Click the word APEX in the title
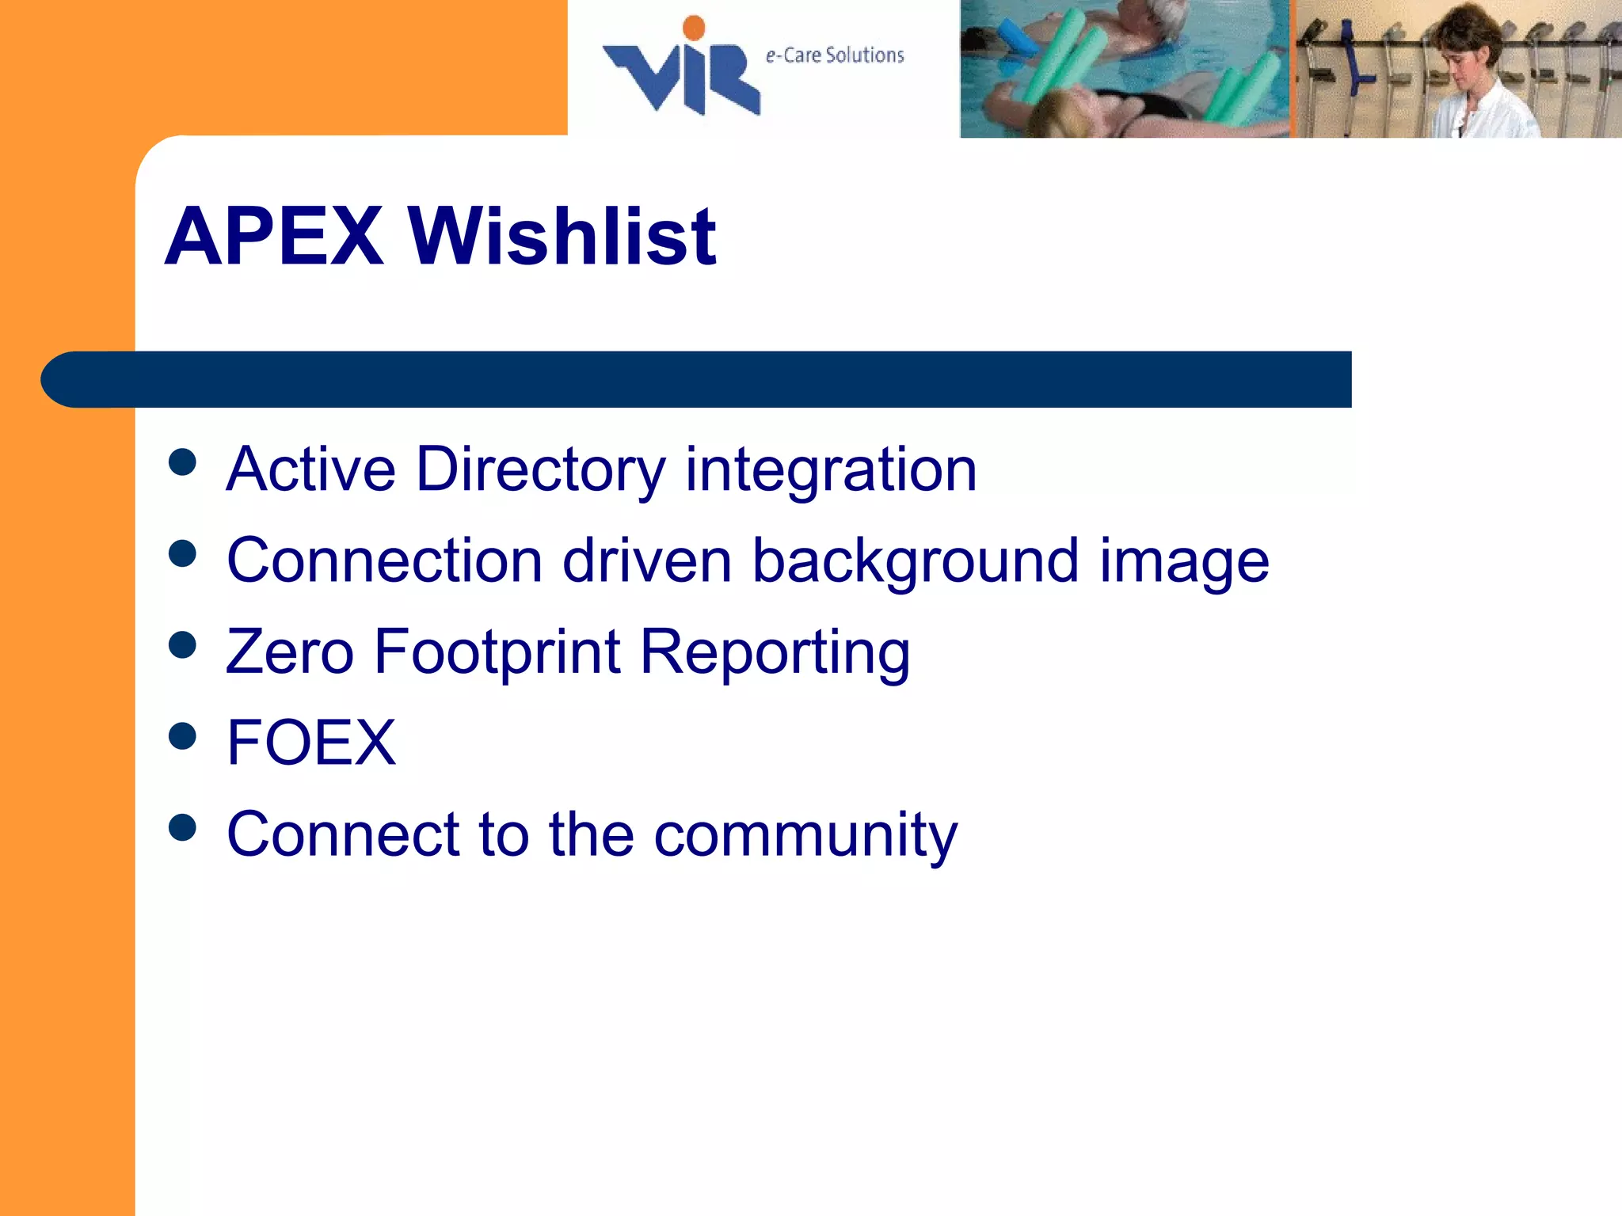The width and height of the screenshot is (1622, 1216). pyautogui.click(x=274, y=236)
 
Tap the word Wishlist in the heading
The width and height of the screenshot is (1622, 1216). pyautogui.click(x=562, y=236)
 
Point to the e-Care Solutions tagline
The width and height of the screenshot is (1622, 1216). pyautogui.click(x=835, y=55)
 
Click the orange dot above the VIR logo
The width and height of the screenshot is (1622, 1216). pyautogui.click(x=694, y=28)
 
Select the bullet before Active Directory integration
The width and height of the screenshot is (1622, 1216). pyautogui.click(x=183, y=462)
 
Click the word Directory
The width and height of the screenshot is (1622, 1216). pyautogui.click(x=541, y=470)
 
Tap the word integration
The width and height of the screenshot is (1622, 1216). pyautogui.click(x=831, y=470)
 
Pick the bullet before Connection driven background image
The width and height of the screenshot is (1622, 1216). pyautogui.click(x=183, y=553)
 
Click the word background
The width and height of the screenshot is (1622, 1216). pyautogui.click(x=916, y=561)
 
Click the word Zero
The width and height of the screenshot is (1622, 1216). pyautogui.click(x=290, y=652)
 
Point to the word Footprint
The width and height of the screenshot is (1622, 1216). pyautogui.click(x=497, y=652)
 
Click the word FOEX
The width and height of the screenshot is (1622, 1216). pyautogui.click(x=311, y=743)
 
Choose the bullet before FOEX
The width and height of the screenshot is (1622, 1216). pyautogui.click(x=183, y=736)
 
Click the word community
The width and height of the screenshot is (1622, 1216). pyautogui.click(x=805, y=834)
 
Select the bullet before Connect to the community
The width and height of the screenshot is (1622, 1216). pyautogui.click(x=183, y=827)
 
